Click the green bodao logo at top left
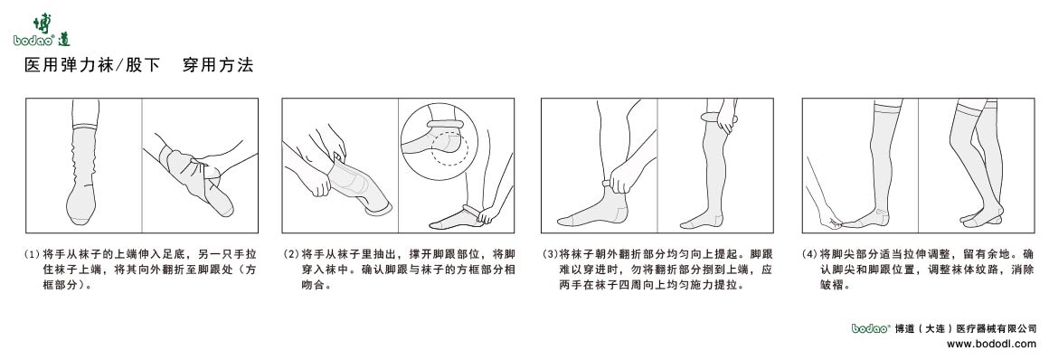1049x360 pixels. (43, 31)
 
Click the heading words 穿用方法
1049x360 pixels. (217, 66)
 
